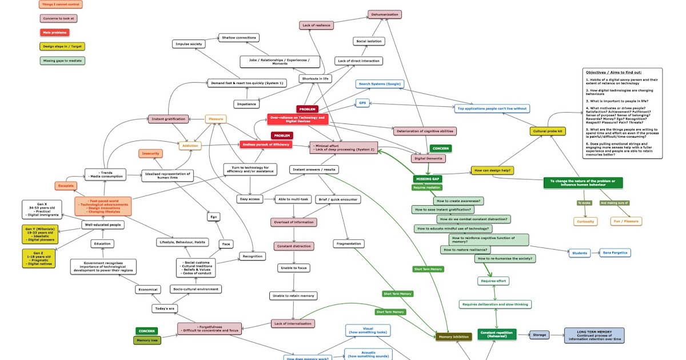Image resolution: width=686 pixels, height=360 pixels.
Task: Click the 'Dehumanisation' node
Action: coord(384,14)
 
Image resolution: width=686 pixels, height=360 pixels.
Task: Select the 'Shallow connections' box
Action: coord(239,38)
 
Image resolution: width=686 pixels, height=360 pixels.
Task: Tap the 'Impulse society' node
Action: coord(189,44)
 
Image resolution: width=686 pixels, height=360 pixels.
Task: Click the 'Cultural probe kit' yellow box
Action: coord(548,131)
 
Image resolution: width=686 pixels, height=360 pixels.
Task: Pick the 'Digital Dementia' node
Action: coord(428,158)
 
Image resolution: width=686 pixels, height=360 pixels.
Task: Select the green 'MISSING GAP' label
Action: coord(427,179)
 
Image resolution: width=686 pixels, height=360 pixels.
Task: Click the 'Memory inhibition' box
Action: coord(454,337)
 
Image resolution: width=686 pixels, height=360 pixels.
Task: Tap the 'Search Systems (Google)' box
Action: coord(380,84)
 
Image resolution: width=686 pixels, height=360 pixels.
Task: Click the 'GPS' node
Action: coord(362,103)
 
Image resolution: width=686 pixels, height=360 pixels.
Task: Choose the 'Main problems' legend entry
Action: coord(54,33)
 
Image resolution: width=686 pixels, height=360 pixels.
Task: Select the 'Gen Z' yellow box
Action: coord(39,258)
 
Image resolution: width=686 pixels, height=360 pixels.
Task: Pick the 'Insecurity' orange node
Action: coord(151,153)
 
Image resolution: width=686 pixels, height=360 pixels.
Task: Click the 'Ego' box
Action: coord(213,217)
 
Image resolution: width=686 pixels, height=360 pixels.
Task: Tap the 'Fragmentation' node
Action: coord(349,243)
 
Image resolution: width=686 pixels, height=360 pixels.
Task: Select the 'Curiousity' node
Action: coord(585,221)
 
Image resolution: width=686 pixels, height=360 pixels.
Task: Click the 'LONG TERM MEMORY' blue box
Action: coord(594,335)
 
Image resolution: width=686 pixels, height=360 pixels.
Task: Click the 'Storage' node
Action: coord(539,335)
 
